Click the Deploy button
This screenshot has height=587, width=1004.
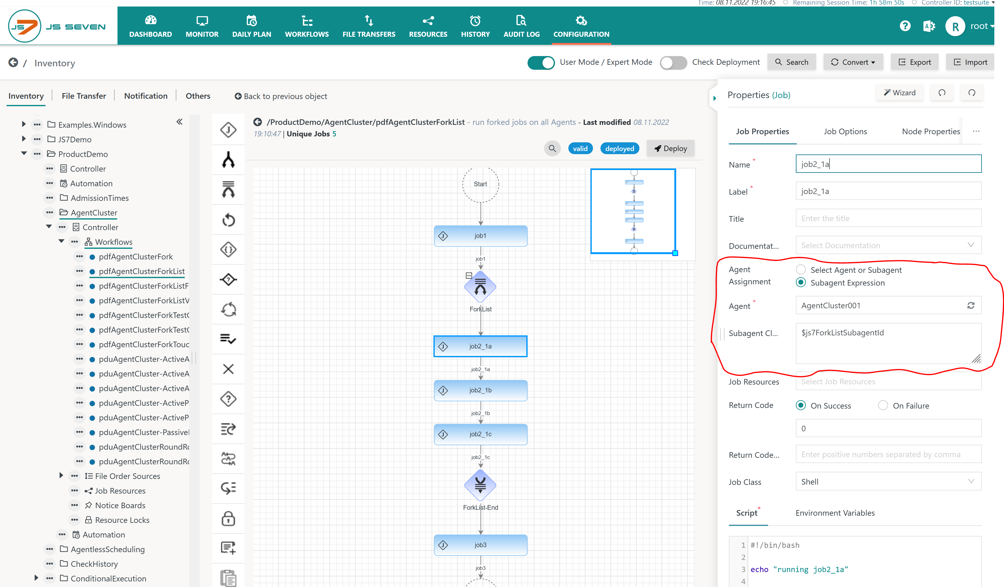click(671, 149)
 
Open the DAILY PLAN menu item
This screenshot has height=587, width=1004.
click(251, 26)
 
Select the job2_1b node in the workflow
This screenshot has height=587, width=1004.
click(480, 390)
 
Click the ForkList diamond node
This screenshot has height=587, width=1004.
click(480, 287)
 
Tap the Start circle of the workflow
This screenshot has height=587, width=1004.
click(480, 184)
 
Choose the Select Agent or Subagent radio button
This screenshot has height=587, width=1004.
click(801, 270)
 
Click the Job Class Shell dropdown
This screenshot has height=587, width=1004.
click(888, 481)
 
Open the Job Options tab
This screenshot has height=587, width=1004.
click(845, 131)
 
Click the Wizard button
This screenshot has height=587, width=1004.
click(900, 93)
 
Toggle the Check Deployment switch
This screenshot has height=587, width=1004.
click(673, 63)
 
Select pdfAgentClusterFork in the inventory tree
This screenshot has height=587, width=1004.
click(136, 257)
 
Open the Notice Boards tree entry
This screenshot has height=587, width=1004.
click(120, 505)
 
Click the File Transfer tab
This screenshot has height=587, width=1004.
click(84, 96)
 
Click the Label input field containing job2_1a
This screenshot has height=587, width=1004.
click(888, 191)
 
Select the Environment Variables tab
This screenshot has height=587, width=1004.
click(835, 513)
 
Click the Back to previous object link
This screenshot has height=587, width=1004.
click(281, 96)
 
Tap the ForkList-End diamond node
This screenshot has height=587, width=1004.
click(480, 485)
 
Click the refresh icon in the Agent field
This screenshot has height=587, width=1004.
click(971, 305)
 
